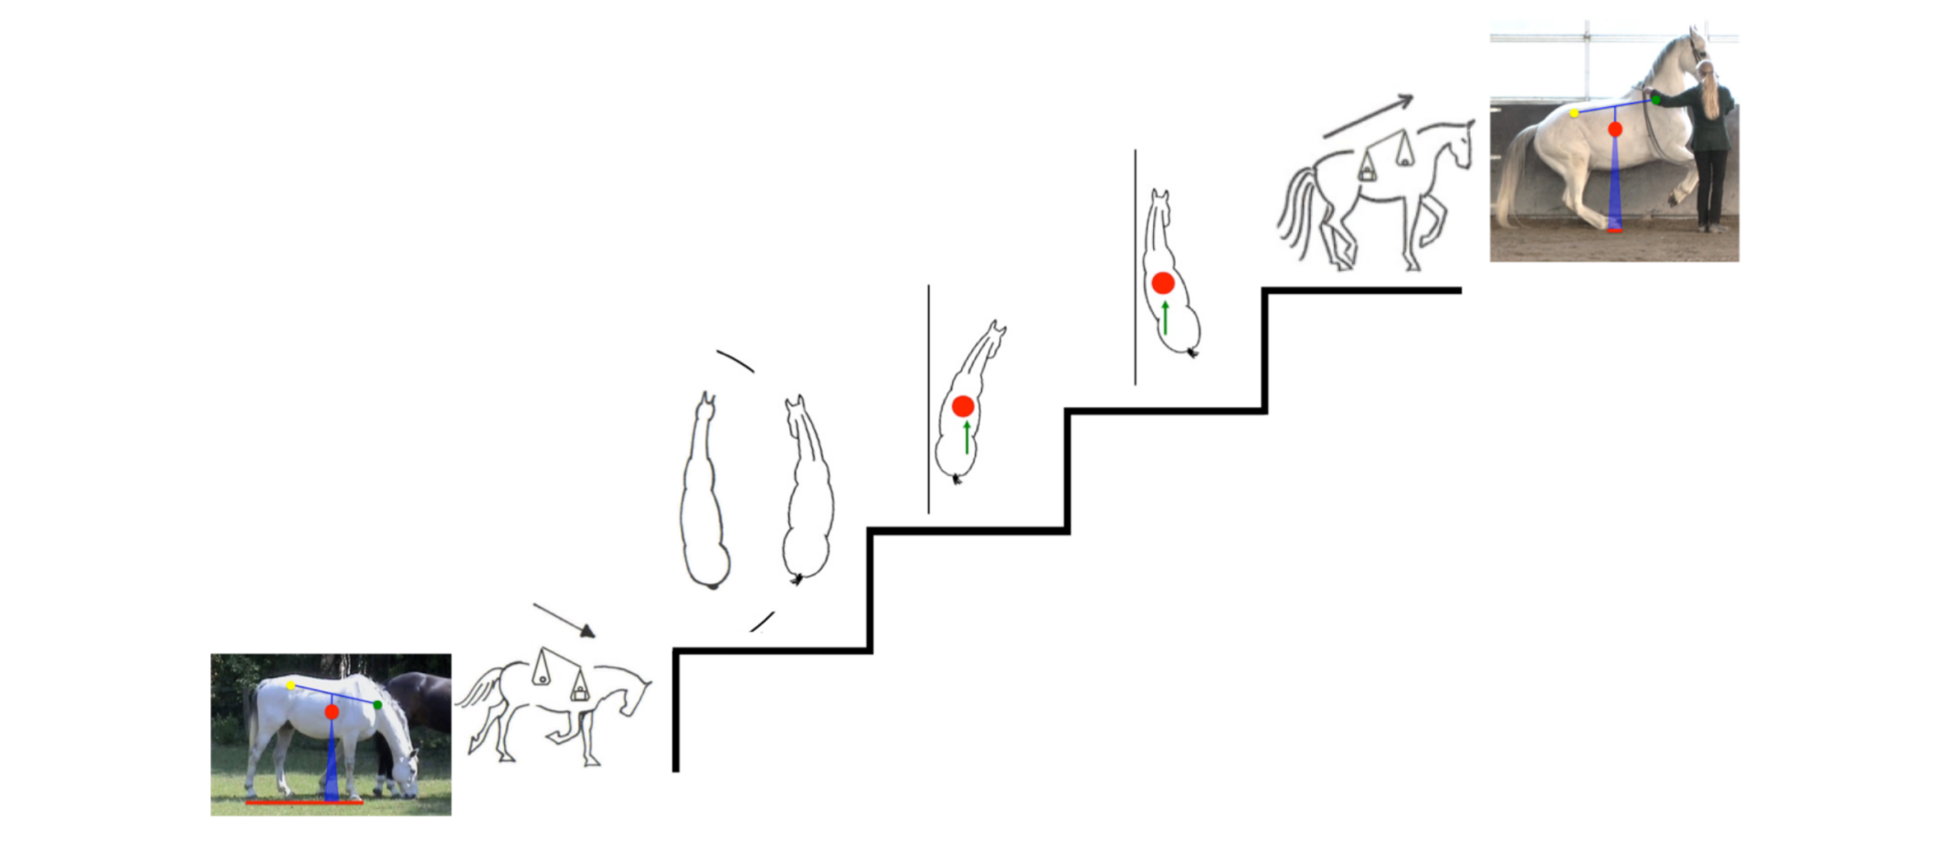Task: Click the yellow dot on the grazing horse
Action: tap(291, 685)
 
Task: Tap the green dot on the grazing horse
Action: tap(377, 705)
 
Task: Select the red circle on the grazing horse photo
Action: tap(332, 711)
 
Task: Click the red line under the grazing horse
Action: tap(303, 803)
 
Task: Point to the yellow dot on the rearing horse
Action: tap(1574, 113)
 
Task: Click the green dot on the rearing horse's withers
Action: tap(1655, 100)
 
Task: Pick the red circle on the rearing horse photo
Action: tap(1615, 130)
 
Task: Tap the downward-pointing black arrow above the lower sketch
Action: tap(565, 620)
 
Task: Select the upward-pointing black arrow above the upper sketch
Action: tap(1368, 116)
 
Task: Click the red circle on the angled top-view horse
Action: tap(963, 407)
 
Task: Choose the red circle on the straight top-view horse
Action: tap(1162, 283)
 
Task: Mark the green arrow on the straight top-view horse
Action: tap(1165, 317)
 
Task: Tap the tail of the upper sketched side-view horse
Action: tap(1297, 215)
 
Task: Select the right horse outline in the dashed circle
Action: tap(808, 494)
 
